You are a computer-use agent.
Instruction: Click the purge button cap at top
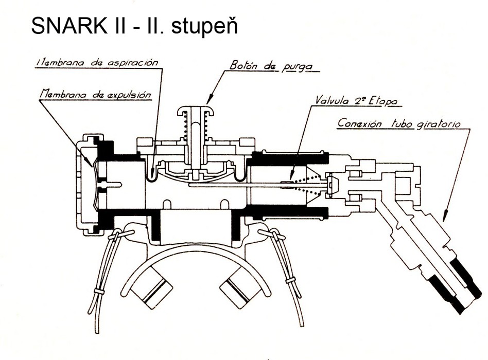click(196, 112)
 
